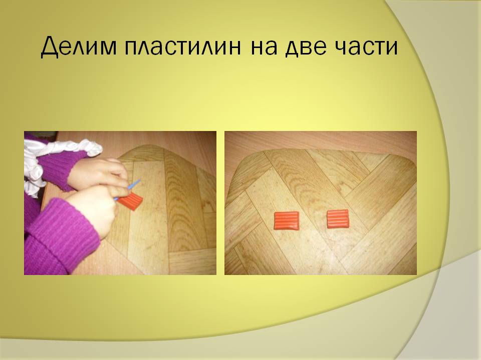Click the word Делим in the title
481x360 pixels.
click(79, 46)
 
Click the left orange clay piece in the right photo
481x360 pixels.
click(286, 220)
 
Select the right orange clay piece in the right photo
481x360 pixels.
click(338, 218)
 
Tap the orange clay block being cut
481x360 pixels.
click(131, 201)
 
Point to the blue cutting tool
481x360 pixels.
click(127, 190)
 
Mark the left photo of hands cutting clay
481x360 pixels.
click(120, 203)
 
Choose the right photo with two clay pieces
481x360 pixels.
click(321, 203)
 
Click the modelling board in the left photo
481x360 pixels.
click(166, 214)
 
